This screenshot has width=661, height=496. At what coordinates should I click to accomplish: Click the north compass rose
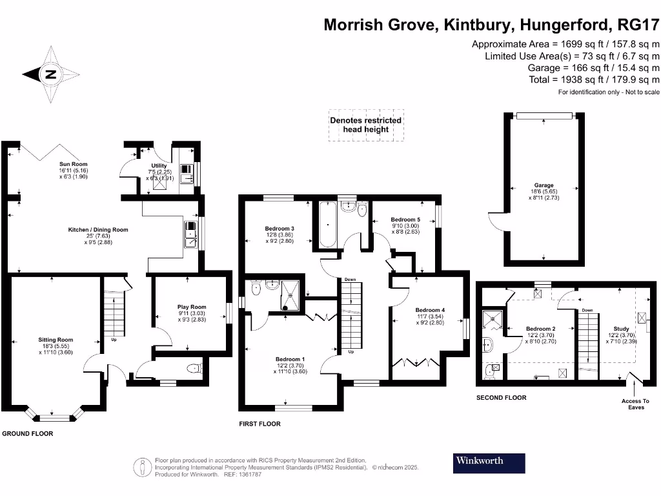click(x=51, y=74)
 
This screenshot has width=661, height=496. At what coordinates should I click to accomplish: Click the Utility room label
click(x=159, y=166)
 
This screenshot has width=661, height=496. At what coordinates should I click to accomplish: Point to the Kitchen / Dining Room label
click(x=98, y=229)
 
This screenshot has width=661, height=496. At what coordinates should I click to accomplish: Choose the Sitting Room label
click(x=56, y=340)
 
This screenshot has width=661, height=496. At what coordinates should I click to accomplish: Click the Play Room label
click(x=192, y=307)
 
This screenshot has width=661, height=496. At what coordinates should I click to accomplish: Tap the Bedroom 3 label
click(x=280, y=229)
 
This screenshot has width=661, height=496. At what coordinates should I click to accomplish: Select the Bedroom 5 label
click(x=405, y=220)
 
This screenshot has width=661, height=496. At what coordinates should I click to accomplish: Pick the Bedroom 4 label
click(x=429, y=310)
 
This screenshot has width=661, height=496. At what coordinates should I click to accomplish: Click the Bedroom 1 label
click(x=290, y=359)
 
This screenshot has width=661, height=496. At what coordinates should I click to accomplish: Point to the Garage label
click(x=544, y=186)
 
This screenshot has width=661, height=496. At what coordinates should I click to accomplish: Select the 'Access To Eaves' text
click(x=635, y=404)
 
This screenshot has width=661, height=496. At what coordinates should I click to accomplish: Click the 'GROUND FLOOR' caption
click(x=27, y=434)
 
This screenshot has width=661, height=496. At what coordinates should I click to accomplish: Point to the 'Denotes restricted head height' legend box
click(x=365, y=125)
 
